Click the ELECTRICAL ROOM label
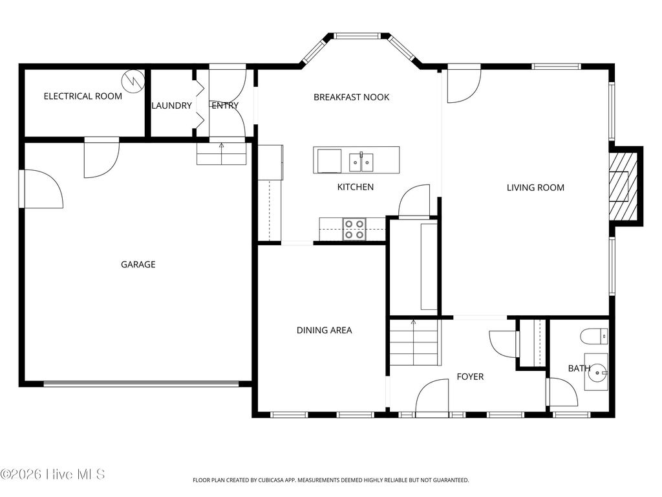[x=83, y=96]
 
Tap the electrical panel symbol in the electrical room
[x=133, y=81]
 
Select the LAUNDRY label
[x=171, y=105]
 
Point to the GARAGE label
[x=138, y=265]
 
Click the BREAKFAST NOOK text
[x=351, y=97]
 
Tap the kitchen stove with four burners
[x=354, y=229]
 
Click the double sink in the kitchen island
[x=361, y=162]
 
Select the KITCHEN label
[x=356, y=187]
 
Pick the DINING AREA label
[x=325, y=330]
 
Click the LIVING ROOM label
[x=535, y=188]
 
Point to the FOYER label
[x=470, y=377]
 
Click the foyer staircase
[x=415, y=342]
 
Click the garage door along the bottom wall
[x=141, y=384]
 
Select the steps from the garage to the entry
[x=221, y=153]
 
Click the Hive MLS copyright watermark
[x=52, y=474]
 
